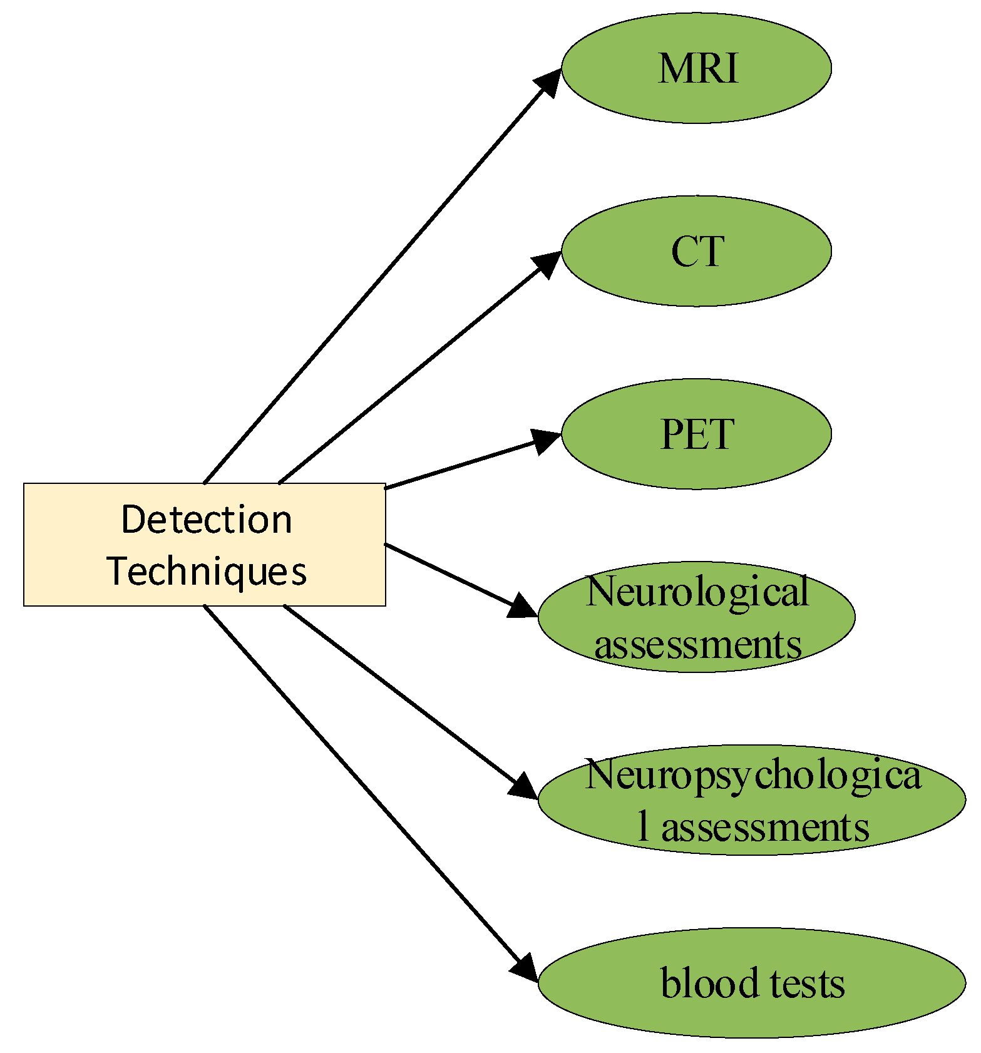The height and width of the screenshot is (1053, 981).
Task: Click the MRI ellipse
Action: (696, 68)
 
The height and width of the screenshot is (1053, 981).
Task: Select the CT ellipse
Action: (696, 251)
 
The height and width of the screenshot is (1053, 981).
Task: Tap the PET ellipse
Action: (696, 434)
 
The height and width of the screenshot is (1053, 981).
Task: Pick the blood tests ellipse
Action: (751, 983)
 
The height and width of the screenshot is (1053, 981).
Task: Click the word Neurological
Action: (697, 592)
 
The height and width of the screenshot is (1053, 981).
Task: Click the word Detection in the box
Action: (207, 519)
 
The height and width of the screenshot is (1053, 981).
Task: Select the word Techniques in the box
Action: (207, 570)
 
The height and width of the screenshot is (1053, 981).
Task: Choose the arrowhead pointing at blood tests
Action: (524, 968)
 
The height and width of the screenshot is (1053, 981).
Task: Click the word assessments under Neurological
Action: (697, 644)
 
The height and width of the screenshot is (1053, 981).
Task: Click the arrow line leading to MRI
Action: (376, 282)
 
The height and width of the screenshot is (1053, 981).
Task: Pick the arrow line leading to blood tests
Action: (363, 786)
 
